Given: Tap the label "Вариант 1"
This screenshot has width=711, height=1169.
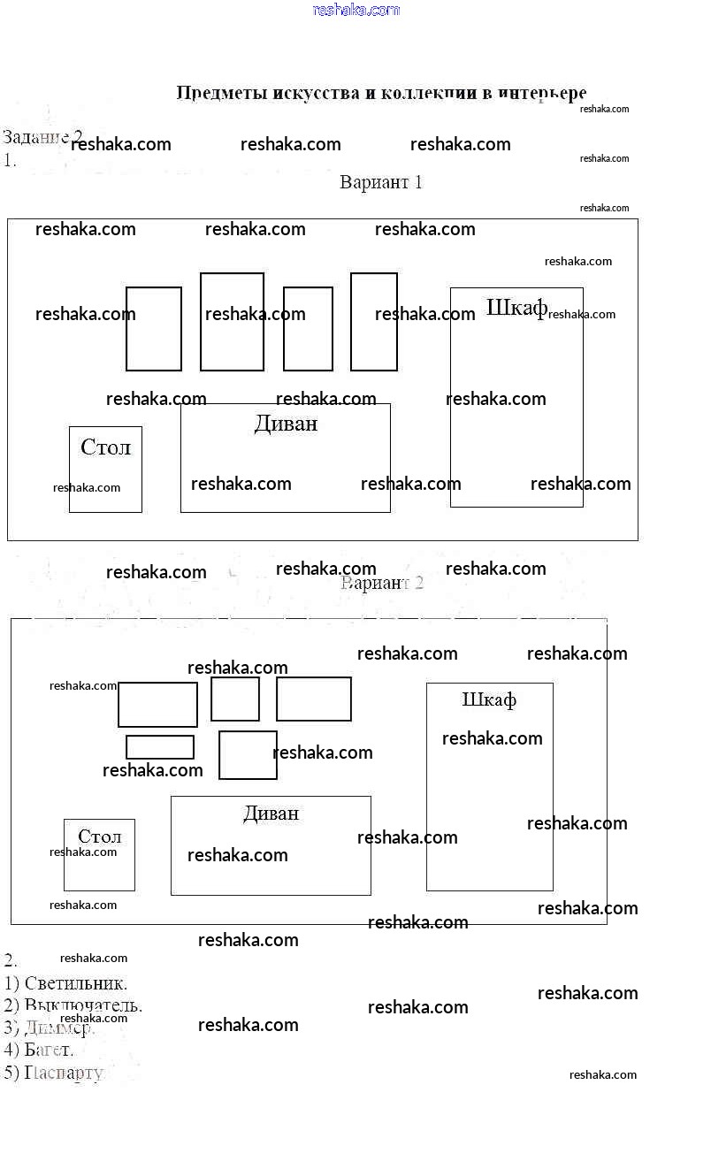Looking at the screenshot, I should [381, 183].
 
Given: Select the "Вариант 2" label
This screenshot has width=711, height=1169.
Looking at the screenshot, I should [382, 584].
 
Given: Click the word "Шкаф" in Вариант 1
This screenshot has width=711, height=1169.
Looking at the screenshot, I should [516, 308].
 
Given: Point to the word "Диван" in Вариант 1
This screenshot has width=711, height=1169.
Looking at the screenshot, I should [286, 424].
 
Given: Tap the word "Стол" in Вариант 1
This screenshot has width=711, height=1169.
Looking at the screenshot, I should [105, 447].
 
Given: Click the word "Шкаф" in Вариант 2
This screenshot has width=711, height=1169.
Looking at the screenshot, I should [489, 700].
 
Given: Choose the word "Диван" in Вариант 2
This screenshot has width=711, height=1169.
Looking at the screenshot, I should [271, 814].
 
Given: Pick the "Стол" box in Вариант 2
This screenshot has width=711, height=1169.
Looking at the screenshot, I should [99, 855].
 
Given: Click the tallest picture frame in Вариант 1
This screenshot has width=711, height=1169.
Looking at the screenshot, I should [232, 322].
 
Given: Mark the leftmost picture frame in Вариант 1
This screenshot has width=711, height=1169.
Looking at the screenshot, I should [154, 329].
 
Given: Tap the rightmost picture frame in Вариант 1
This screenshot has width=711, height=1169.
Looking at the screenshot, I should [373, 322].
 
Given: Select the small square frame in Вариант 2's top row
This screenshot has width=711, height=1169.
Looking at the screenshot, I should [235, 699].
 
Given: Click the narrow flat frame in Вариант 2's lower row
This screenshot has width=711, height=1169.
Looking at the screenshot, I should [160, 747].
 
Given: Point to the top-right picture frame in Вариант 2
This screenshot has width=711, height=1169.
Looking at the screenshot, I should [314, 699].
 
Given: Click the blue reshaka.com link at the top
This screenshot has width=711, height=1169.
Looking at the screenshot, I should [356, 10].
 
